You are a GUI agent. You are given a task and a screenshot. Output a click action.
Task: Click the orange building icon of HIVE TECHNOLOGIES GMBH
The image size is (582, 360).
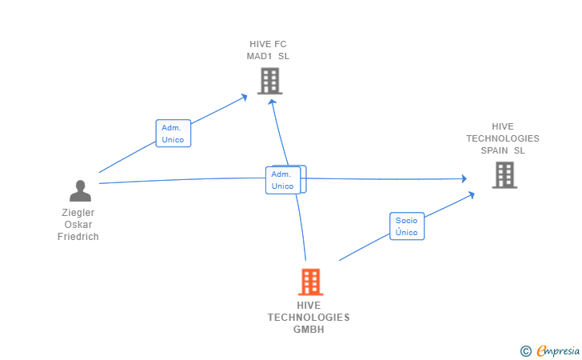click(x=309, y=282)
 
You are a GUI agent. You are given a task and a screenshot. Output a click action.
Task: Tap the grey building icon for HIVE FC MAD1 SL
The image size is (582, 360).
click(x=269, y=81)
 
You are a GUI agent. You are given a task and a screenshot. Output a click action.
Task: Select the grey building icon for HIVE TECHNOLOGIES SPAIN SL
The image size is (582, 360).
click(x=504, y=174)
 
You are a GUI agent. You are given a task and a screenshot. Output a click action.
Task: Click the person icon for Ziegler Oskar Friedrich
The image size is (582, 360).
click(x=80, y=190)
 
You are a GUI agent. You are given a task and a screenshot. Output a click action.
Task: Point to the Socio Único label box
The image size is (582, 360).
click(x=407, y=226)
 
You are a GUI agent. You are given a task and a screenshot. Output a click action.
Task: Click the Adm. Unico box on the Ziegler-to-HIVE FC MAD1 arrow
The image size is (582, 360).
click(x=173, y=134)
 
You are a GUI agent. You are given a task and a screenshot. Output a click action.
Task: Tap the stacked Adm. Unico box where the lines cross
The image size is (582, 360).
click(x=284, y=180)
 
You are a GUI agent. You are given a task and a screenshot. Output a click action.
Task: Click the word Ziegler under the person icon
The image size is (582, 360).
click(x=78, y=213)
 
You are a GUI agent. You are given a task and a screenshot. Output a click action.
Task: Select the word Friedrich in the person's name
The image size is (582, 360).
click(x=78, y=237)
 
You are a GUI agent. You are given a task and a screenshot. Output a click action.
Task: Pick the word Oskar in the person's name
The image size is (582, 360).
click(x=78, y=225)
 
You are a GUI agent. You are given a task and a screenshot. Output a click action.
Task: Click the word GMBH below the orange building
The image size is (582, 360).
click(x=309, y=329)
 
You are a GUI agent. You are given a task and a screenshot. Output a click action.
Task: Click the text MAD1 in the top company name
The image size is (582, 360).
click(x=260, y=56)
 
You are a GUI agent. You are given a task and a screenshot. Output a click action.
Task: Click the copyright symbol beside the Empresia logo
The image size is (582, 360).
click(x=526, y=350)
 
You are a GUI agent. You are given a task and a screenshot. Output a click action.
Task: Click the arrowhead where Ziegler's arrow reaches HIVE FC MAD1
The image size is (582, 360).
click(x=245, y=96)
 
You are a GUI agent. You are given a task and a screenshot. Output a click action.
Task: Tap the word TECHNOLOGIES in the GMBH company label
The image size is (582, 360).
click(x=309, y=317)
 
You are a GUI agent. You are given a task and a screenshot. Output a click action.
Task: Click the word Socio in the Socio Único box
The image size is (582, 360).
click(x=407, y=220)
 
